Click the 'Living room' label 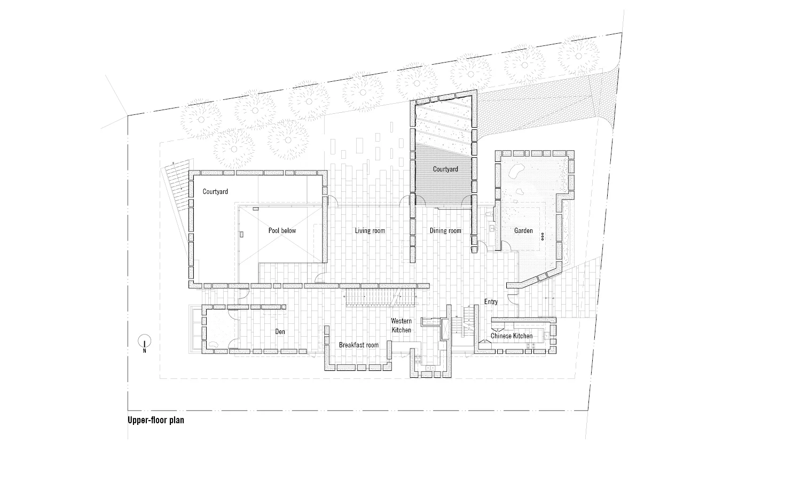370,231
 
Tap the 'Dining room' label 445,231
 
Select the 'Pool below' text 282,231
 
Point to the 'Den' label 280,332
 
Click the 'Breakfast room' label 358,345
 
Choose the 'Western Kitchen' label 401,325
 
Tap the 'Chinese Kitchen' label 512,336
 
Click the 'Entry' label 491,302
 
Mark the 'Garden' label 523,231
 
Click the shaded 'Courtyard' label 445,169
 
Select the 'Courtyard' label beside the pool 215,191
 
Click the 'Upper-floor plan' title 155,420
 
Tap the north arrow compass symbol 144,340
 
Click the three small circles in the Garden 542,235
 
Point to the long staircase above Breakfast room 379,298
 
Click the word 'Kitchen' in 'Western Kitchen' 402,330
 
